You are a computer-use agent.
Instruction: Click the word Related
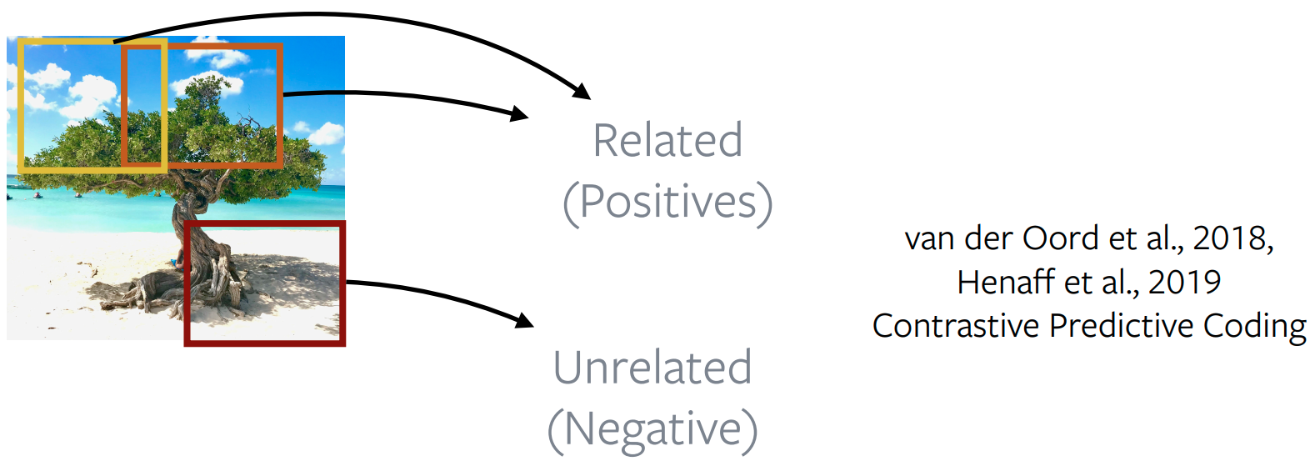667,140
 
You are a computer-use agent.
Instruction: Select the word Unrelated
652,367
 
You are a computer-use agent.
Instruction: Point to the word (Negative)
652,430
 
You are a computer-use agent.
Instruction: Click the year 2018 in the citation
1232,238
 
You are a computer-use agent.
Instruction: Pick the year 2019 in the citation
1184,283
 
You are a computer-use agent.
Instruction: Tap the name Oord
1060,238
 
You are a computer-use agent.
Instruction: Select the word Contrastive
956,325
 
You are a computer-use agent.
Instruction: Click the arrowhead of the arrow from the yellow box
582,92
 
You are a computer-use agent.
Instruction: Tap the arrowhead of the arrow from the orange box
520,113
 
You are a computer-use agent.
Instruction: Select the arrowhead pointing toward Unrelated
524,320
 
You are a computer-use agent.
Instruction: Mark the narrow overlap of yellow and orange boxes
144,106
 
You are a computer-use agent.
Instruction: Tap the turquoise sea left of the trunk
88,206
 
